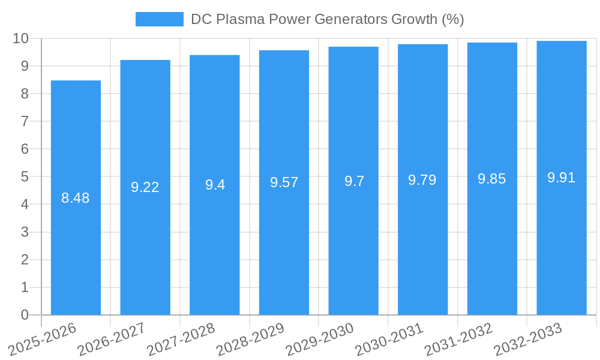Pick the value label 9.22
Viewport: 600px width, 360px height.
[x=145, y=187]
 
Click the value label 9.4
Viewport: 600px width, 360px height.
[x=215, y=185]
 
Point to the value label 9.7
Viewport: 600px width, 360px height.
[x=354, y=181]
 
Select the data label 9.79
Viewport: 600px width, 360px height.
[x=422, y=180]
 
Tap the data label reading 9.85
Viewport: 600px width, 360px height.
[x=492, y=179]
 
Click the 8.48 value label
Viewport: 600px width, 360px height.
[x=76, y=198]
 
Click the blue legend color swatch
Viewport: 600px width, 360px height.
[x=160, y=19]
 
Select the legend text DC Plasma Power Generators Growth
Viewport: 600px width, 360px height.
[x=327, y=19]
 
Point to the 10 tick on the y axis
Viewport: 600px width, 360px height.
[x=21, y=38]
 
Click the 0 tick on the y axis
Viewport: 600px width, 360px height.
[x=25, y=315]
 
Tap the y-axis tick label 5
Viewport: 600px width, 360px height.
[x=25, y=177]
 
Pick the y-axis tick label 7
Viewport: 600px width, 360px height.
[x=25, y=121]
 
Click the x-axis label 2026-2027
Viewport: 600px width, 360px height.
[x=112, y=340]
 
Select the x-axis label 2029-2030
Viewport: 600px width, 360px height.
[x=320, y=340]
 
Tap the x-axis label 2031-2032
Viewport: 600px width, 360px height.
[x=459, y=340]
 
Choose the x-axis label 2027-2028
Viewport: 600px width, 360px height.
[x=182, y=340]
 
